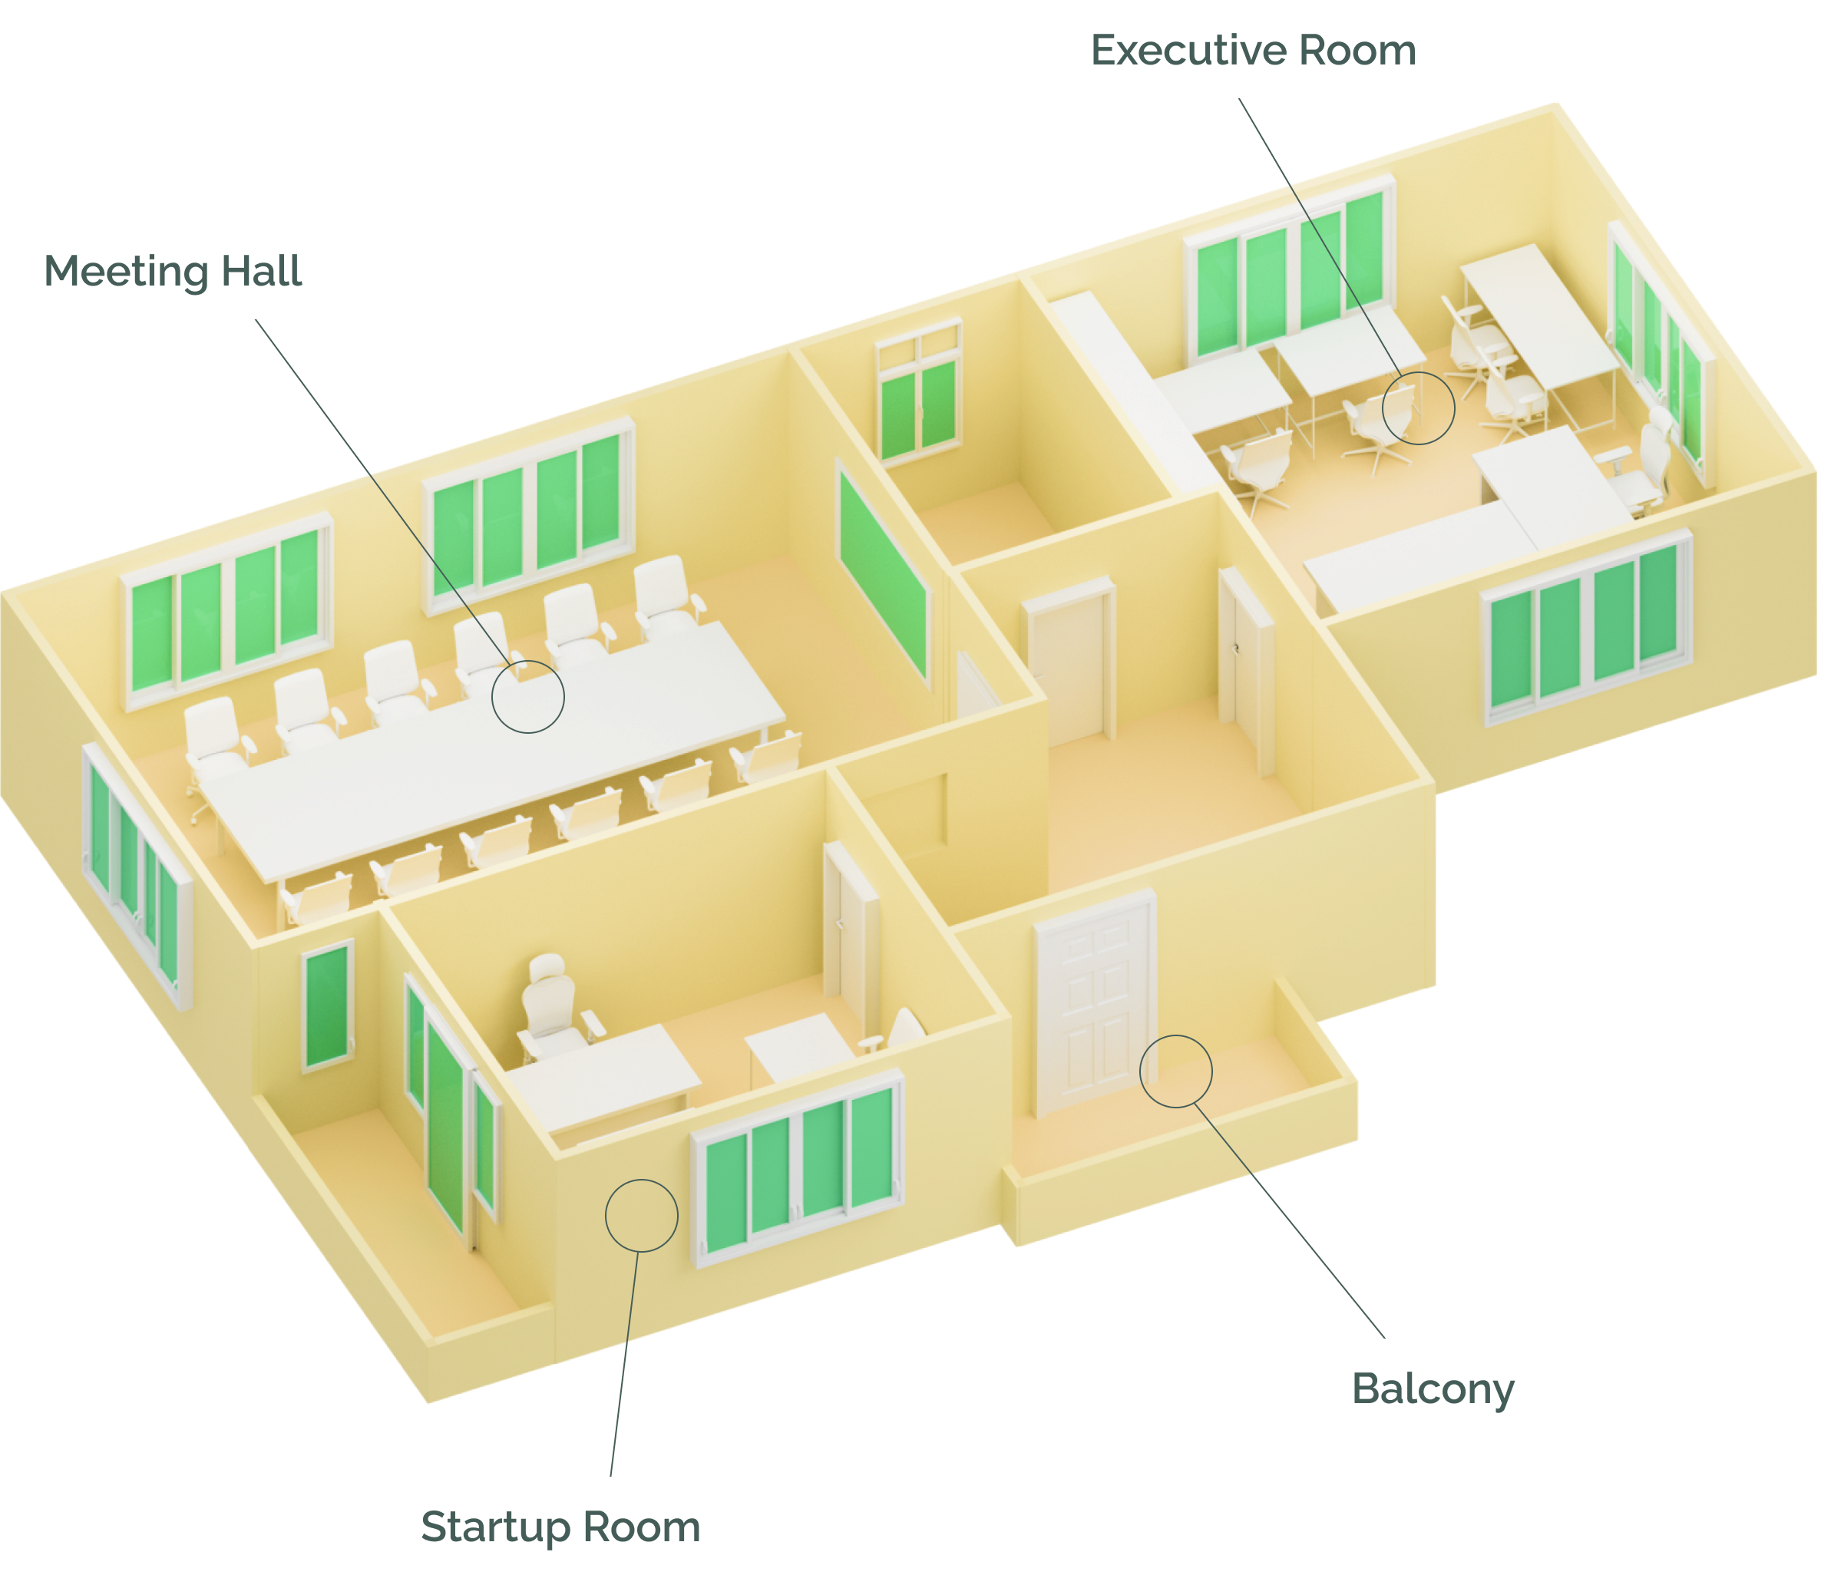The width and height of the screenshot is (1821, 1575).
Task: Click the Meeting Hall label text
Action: [x=174, y=272]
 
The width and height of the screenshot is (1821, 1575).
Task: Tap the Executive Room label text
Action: [x=1253, y=51]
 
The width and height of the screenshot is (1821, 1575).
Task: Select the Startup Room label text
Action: [x=560, y=1527]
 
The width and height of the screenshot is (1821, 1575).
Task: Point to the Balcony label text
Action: [x=1433, y=1389]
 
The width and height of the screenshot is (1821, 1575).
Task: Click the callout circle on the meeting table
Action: [x=527, y=661]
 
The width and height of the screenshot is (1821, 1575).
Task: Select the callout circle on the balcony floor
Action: [x=1176, y=1036]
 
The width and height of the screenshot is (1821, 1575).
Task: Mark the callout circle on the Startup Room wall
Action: [x=642, y=1180]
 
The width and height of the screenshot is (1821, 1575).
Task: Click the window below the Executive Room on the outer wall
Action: [x=1587, y=626]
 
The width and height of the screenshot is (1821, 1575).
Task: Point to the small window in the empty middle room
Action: [x=918, y=390]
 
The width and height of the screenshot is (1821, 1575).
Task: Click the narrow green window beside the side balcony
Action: [x=328, y=1006]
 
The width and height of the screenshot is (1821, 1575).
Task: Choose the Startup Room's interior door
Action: [x=850, y=939]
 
